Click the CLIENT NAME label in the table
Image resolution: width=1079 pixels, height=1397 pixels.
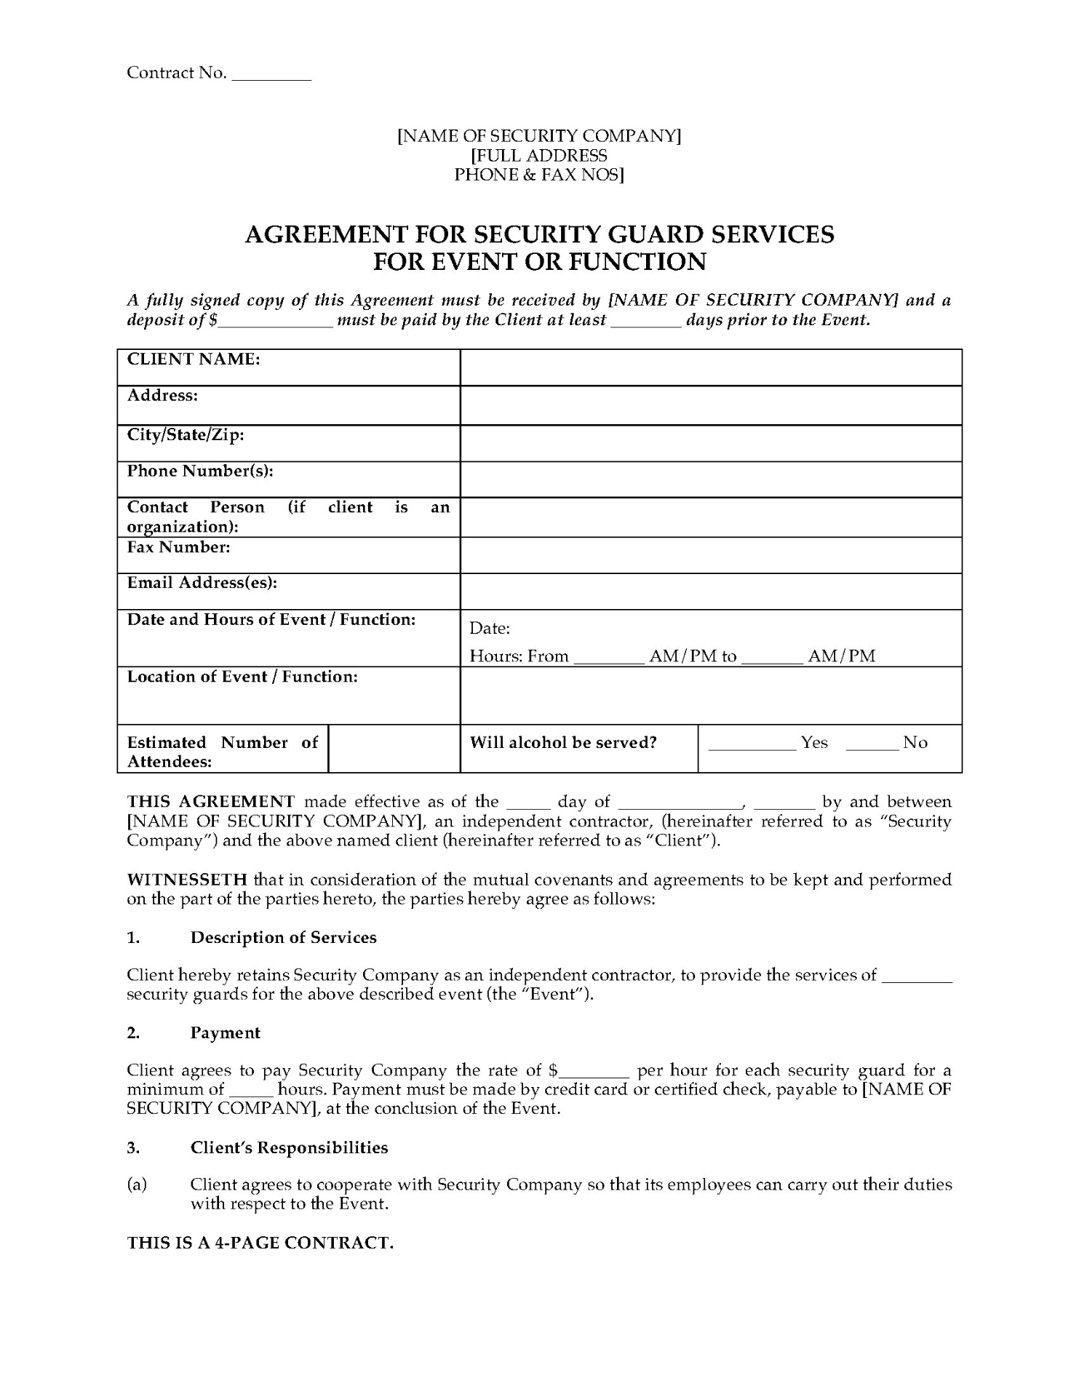coord(194,359)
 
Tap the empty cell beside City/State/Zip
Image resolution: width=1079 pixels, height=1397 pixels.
coord(710,443)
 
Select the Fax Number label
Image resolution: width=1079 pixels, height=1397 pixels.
coord(178,547)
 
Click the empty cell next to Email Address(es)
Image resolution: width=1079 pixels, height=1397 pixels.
coord(710,591)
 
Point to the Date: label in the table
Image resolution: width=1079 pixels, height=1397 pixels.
coord(490,628)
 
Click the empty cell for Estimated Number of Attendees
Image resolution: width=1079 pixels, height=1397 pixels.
coord(394,748)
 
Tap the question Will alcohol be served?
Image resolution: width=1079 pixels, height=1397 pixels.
coord(563,743)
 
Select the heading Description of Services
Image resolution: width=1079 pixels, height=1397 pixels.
coord(283,937)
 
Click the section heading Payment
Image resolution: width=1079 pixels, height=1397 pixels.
coord(225,1033)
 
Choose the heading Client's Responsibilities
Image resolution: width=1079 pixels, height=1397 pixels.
coord(289,1147)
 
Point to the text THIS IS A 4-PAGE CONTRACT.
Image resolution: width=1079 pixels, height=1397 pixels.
coord(260,1243)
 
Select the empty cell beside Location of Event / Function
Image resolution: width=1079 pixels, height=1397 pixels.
coord(710,696)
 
